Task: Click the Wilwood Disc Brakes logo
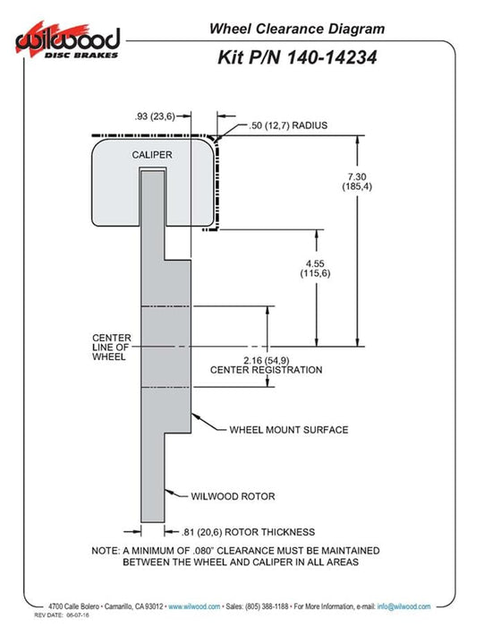coord(68,41)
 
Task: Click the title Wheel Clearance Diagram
coord(297,29)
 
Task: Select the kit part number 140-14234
coord(331,57)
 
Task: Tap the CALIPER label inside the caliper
coord(152,155)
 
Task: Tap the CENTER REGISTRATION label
coord(267,370)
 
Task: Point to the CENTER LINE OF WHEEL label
coord(112,348)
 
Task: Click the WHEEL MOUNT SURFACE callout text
coord(289,430)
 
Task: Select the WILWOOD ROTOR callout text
coord(233,496)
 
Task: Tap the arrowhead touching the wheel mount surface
coord(195,417)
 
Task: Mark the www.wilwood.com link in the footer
coord(194,606)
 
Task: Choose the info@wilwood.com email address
coord(403,606)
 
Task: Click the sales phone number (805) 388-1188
coord(267,606)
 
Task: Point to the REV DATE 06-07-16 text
coord(62,615)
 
